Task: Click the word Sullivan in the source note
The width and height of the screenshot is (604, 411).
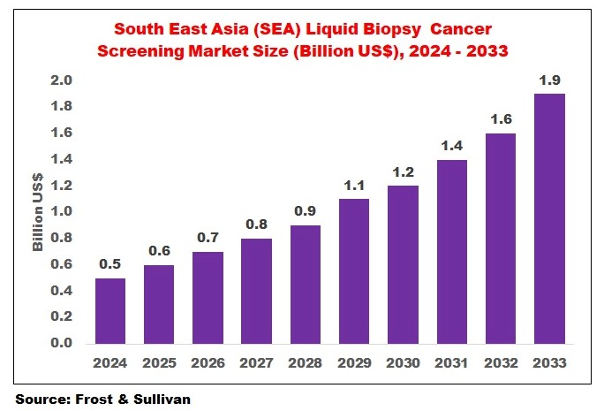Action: tap(157, 399)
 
